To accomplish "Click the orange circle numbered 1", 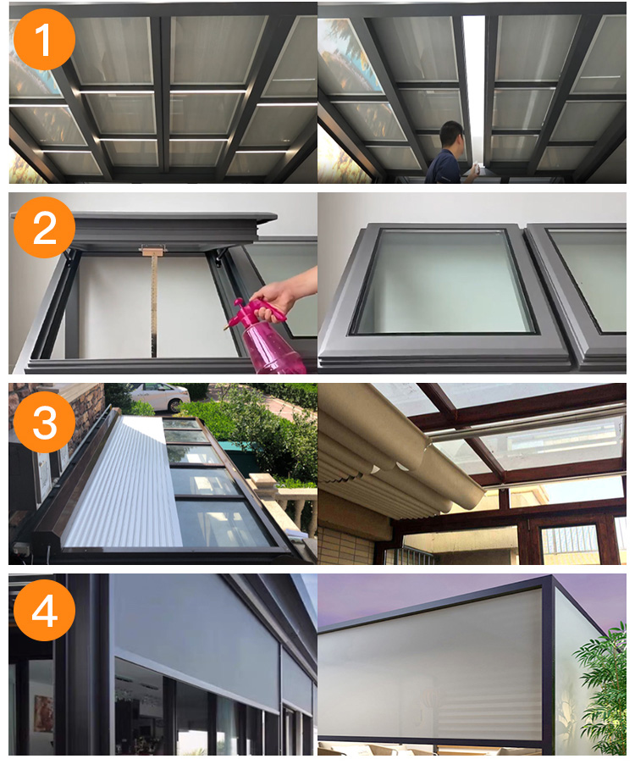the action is point(44,39).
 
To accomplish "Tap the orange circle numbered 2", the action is point(44,228).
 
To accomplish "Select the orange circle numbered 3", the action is point(44,422).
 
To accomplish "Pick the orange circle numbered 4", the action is point(44,610).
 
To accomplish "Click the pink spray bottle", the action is point(269,338).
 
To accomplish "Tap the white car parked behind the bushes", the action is point(159,396).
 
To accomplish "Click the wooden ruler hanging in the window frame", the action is point(153,305).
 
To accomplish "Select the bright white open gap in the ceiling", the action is point(475,90).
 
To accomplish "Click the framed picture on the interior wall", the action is point(43,713).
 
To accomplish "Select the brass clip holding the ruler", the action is point(153,250).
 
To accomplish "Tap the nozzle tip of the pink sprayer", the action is point(225,328).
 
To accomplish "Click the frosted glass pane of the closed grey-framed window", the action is point(444,281).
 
